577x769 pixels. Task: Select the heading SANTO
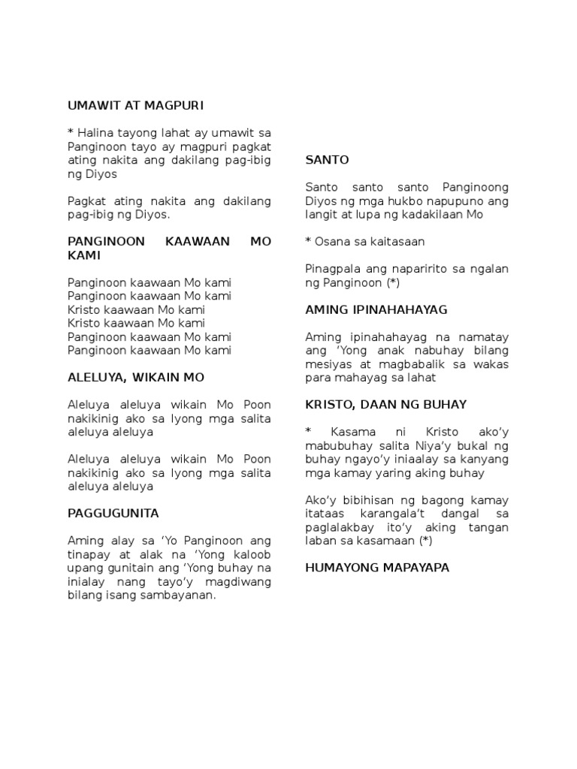pyautogui.click(x=327, y=160)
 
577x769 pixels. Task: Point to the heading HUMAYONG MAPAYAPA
pyautogui.click(x=377, y=568)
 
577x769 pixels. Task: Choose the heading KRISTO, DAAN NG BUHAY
pyautogui.click(x=386, y=405)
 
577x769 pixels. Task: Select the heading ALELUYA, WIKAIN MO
pyautogui.click(x=135, y=377)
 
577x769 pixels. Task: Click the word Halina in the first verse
pyautogui.click(x=95, y=133)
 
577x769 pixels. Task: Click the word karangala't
pyautogui.click(x=388, y=514)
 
